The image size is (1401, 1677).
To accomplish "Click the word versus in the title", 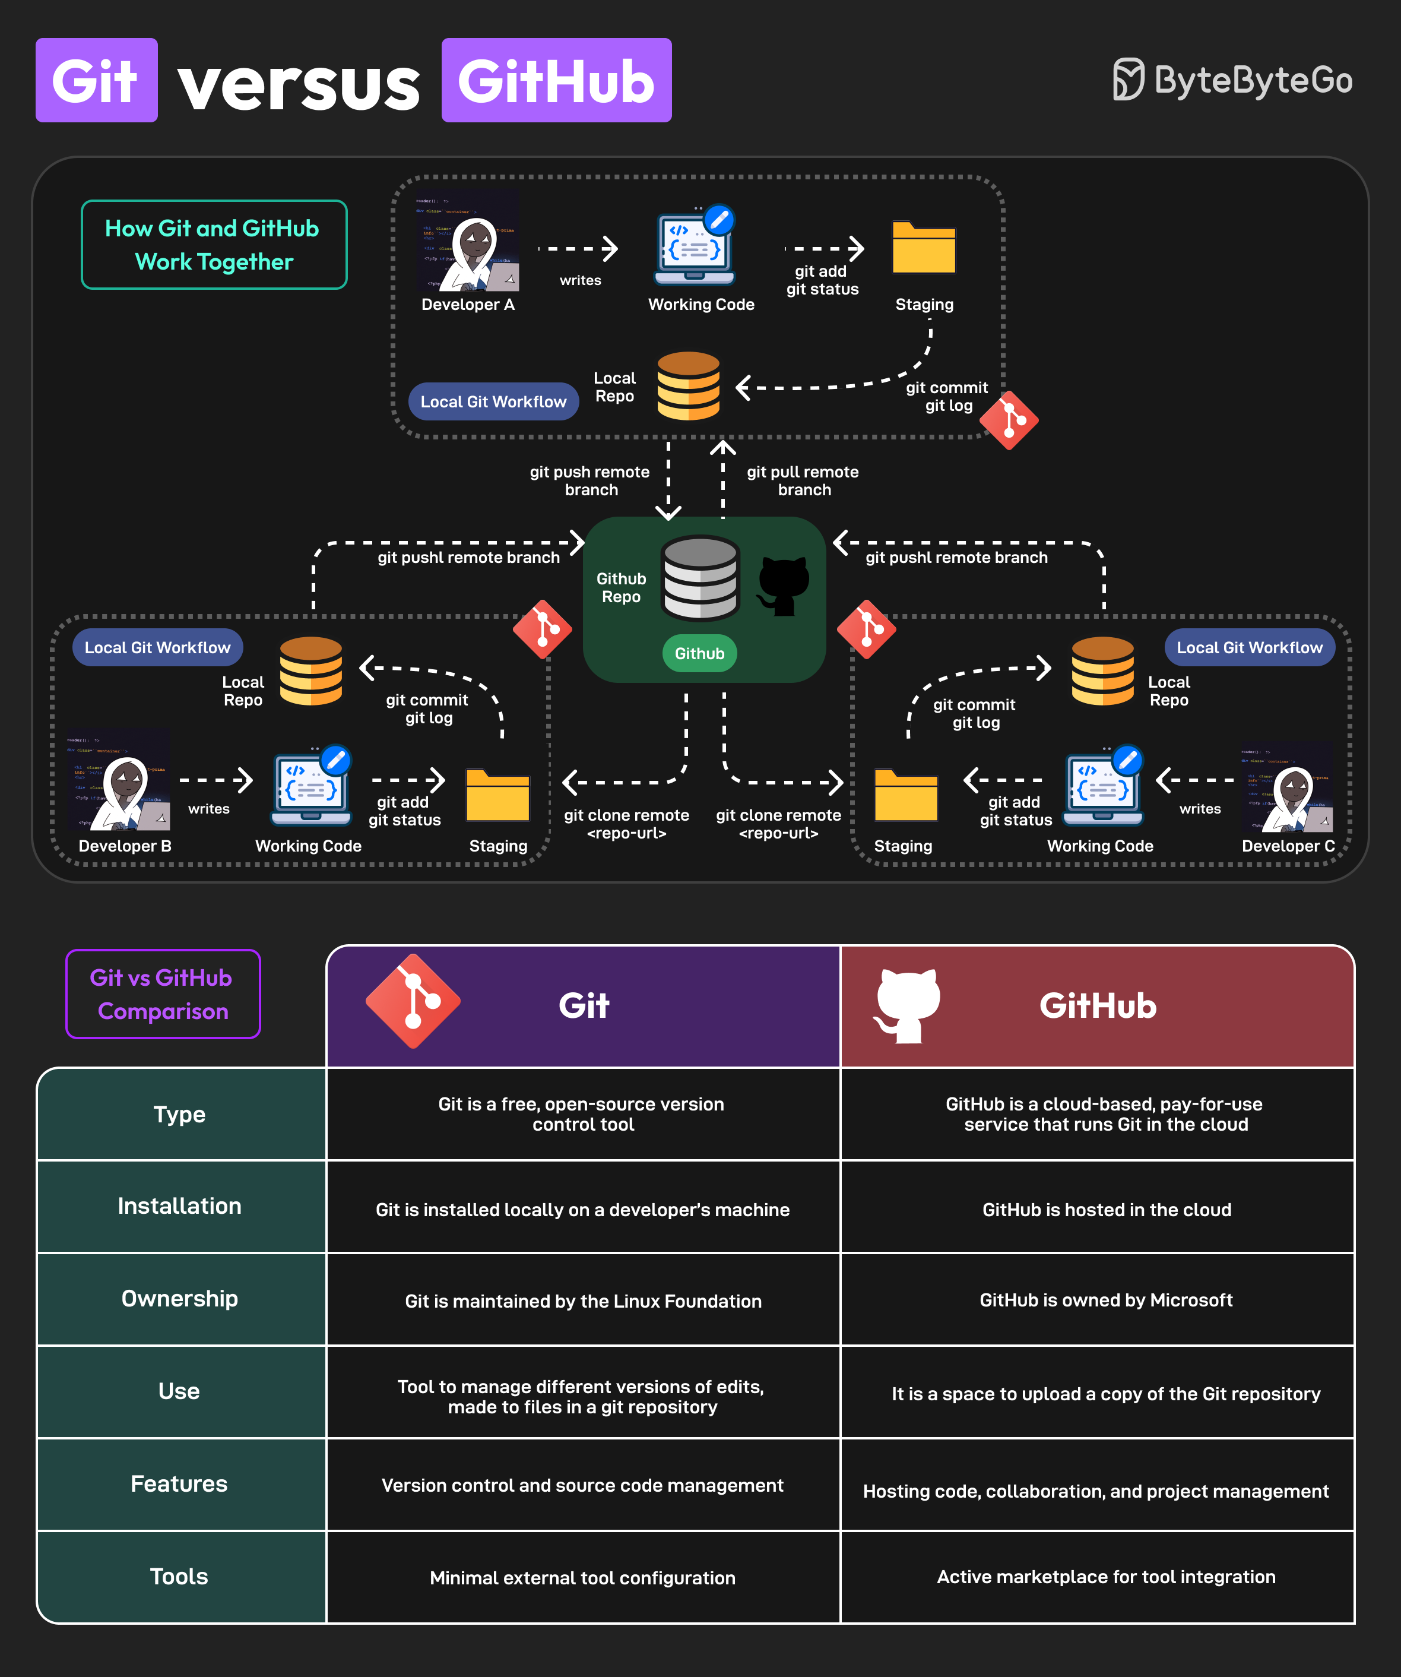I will tap(299, 84).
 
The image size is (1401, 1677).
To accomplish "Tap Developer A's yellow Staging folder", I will tap(924, 248).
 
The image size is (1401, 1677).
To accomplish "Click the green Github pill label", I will tap(699, 653).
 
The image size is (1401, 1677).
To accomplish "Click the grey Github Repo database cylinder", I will tap(700, 578).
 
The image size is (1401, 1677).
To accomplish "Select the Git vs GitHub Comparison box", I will tap(163, 993).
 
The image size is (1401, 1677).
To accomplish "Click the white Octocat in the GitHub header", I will tap(907, 1005).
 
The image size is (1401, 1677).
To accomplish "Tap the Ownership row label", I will tap(180, 1299).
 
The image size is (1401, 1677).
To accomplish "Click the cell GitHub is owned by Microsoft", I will tap(1105, 1300).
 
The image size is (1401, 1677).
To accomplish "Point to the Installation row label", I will tap(180, 1206).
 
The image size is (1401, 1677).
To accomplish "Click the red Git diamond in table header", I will tap(413, 1001).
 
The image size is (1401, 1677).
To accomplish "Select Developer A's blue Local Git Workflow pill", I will tap(493, 401).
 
